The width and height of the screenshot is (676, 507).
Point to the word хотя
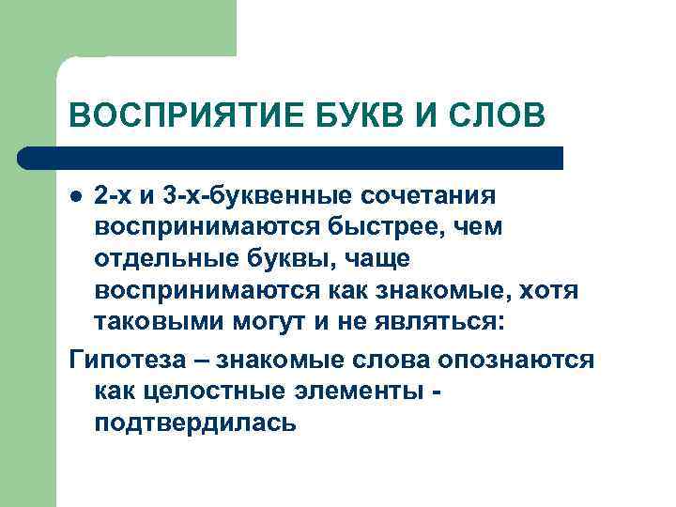pos(552,292)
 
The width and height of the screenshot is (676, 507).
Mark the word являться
pos(437,324)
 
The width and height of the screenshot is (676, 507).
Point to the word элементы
pos(345,392)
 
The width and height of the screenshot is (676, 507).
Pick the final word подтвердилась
pos(195,423)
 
